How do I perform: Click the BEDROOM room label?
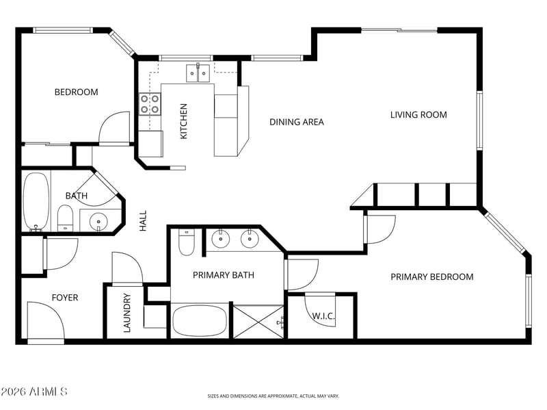[x=76, y=92]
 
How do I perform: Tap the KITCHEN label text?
[x=183, y=121]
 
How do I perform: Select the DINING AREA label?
[x=297, y=122]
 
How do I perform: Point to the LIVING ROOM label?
[x=418, y=114]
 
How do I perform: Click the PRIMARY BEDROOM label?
[x=432, y=277]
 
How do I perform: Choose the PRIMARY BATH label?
[x=224, y=275]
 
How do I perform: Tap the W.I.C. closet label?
[x=323, y=316]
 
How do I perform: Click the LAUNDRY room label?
[x=127, y=313]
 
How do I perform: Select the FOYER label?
[x=65, y=298]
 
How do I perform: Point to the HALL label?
[x=143, y=220]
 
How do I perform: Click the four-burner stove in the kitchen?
[x=150, y=104]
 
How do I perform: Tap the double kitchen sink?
[x=198, y=73]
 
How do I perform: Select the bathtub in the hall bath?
[x=36, y=202]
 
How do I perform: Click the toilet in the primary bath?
[x=186, y=242]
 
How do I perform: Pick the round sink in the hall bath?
[x=98, y=220]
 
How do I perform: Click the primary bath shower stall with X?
[x=258, y=322]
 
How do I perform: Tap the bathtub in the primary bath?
[x=200, y=321]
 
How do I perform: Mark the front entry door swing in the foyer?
[x=46, y=320]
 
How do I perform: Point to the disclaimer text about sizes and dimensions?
[x=273, y=396]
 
